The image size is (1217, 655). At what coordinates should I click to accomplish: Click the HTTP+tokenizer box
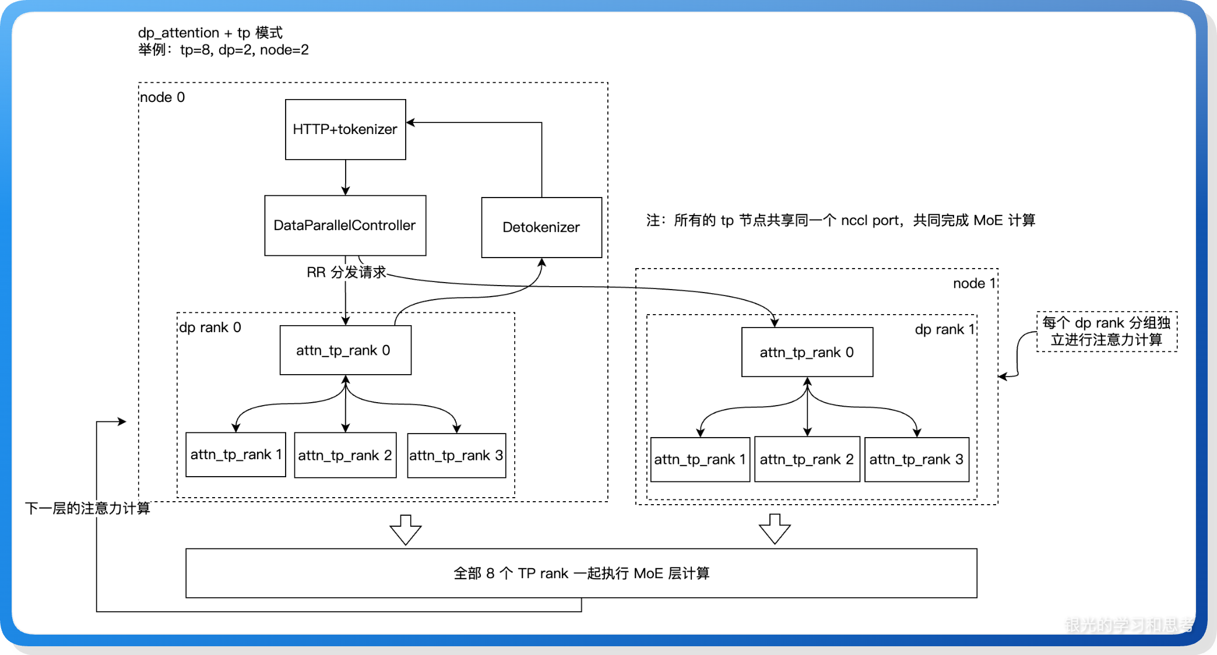click(x=345, y=129)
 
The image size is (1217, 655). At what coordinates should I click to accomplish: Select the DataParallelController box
click(x=345, y=226)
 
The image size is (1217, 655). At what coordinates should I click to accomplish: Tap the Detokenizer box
click(x=541, y=227)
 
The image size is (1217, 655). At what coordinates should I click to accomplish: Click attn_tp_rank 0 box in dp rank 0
click(x=345, y=350)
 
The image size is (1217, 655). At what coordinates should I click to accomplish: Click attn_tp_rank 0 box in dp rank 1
click(x=807, y=352)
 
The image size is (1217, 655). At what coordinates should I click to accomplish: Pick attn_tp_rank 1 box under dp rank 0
click(x=235, y=455)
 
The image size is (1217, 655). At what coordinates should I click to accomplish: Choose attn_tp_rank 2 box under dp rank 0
click(x=345, y=455)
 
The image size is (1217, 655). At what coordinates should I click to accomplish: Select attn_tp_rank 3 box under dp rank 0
click(x=456, y=455)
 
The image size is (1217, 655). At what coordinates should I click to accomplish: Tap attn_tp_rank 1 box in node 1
click(x=699, y=459)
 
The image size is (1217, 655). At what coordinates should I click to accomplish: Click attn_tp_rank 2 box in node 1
click(x=807, y=459)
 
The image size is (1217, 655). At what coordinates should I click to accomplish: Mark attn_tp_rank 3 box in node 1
click(x=916, y=459)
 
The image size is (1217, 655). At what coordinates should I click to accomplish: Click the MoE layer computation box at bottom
click(x=581, y=573)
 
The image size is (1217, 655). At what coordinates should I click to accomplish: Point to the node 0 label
click(x=162, y=97)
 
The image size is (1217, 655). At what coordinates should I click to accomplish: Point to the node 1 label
click(x=973, y=283)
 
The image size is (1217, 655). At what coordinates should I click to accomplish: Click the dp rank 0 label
click(x=210, y=327)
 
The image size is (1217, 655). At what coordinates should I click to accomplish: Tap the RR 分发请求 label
click(x=346, y=272)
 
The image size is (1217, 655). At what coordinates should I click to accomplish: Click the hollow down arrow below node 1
click(x=775, y=529)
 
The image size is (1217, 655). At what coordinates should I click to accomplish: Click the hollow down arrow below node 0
click(x=406, y=529)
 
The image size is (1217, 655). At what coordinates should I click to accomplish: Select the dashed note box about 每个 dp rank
click(x=1106, y=332)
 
